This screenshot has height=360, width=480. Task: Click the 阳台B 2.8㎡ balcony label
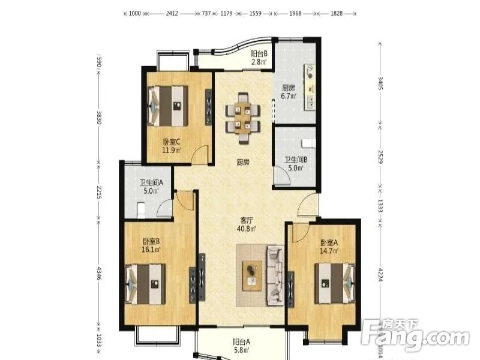point(259,58)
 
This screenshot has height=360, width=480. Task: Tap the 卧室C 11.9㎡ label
point(172,146)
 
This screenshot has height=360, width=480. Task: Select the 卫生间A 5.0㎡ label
point(152,187)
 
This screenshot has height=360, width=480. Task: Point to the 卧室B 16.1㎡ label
point(151,245)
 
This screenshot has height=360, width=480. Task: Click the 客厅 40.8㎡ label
point(247,224)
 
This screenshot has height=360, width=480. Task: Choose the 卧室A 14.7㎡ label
point(329,247)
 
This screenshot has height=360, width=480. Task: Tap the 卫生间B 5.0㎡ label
point(296,164)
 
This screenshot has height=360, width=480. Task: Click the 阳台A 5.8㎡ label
point(242,346)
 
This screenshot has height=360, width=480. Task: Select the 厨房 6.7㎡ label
point(289,92)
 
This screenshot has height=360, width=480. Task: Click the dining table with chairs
point(243,118)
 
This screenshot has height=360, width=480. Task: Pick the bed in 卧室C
point(167,106)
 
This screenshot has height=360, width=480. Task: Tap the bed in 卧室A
point(335,283)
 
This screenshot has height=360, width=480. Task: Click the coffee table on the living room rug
point(252,276)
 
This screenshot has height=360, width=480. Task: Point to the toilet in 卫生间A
point(141,210)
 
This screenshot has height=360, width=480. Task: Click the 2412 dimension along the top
point(172,13)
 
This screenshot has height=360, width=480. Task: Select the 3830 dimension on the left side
point(99,117)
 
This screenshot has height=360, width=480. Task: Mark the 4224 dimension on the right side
point(380,275)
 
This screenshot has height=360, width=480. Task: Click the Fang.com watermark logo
point(415,336)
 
